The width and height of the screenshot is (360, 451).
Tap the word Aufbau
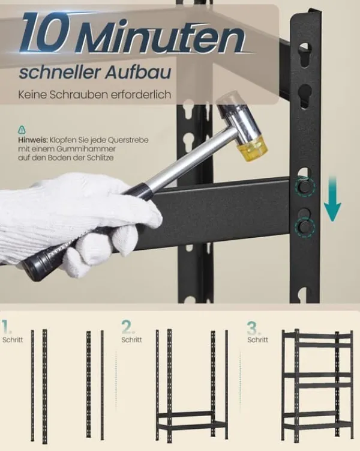[x=138, y=72]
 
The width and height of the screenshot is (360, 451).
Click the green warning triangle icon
[x=22, y=130]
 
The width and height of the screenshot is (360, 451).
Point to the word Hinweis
[x=33, y=141]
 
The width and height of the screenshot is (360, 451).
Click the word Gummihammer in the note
[x=86, y=149]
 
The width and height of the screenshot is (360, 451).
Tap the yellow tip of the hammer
[x=252, y=149]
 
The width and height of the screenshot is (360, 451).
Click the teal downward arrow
[x=332, y=198]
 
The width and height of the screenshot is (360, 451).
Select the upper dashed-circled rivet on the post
[x=304, y=187]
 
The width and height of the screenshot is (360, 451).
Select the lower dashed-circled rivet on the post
[x=304, y=227]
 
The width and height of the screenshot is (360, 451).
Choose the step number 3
[x=253, y=328]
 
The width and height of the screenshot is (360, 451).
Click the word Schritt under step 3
[x=258, y=340]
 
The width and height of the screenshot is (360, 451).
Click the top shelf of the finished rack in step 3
[x=317, y=336]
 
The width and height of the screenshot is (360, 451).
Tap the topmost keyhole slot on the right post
[x=305, y=55]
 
